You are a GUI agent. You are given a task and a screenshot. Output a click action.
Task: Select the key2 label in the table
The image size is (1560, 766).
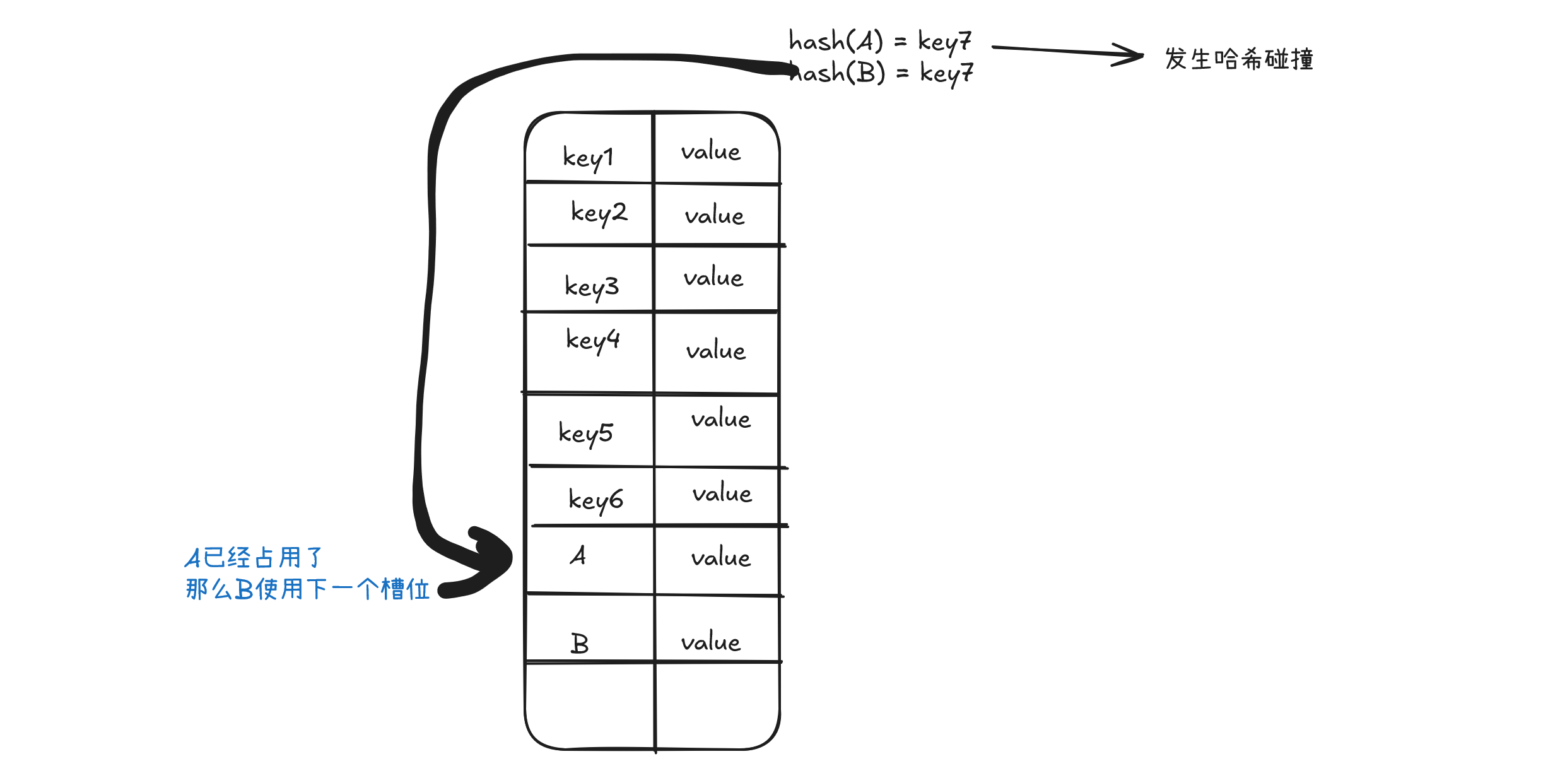(x=599, y=213)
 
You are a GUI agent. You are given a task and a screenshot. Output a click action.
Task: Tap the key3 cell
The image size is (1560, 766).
(x=591, y=286)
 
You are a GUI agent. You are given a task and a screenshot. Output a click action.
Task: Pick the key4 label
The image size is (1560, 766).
(x=592, y=340)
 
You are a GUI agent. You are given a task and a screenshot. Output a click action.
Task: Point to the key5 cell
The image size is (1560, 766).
(x=585, y=433)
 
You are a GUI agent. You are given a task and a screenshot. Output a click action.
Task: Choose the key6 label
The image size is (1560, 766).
(x=595, y=500)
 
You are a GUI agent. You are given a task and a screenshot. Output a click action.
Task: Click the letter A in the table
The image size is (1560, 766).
(x=578, y=555)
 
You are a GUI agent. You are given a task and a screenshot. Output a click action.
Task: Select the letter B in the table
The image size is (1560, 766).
(x=579, y=644)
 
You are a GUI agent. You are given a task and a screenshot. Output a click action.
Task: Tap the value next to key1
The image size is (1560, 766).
(x=711, y=152)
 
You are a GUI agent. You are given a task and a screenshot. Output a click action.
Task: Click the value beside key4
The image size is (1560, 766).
(x=716, y=351)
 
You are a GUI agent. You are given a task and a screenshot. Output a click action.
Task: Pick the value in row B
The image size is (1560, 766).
(x=711, y=642)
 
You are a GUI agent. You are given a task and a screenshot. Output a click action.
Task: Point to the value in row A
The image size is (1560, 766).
(x=721, y=558)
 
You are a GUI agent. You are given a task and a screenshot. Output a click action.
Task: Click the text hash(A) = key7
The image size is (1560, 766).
(x=880, y=42)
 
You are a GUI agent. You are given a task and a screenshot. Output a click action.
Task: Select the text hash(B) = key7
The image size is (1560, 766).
(x=883, y=73)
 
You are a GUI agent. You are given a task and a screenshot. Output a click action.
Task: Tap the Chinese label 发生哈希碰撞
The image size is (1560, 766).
(x=1238, y=59)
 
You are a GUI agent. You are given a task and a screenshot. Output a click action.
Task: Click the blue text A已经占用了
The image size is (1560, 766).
(x=254, y=558)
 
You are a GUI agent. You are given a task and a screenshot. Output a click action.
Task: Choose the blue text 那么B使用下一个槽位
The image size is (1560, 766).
(x=307, y=589)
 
